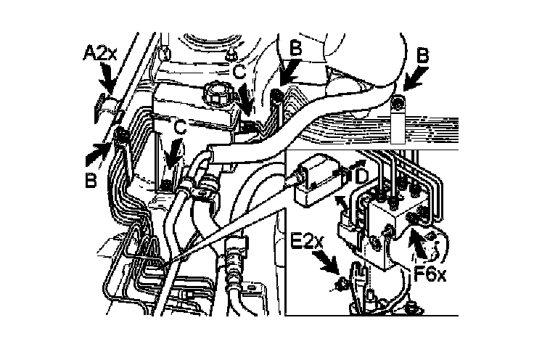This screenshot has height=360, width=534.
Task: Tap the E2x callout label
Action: [x=308, y=240]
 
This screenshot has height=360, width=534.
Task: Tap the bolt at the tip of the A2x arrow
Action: [x=102, y=102]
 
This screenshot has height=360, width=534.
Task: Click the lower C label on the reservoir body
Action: [x=180, y=128]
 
